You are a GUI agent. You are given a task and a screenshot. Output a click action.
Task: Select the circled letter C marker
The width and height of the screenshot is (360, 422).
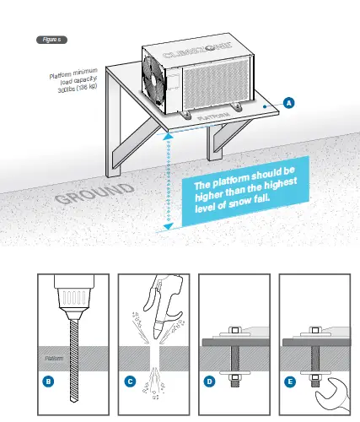click(131, 381)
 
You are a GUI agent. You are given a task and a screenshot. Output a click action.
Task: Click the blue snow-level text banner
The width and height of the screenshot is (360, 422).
click(245, 197)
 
